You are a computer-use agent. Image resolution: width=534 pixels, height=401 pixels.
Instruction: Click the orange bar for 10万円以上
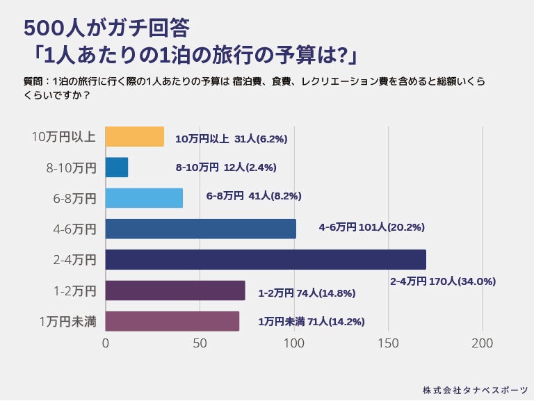tap(134, 137)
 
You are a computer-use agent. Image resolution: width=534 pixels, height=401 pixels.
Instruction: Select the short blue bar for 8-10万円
tap(117, 167)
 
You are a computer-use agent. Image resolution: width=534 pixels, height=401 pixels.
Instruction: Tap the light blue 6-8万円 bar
tap(144, 198)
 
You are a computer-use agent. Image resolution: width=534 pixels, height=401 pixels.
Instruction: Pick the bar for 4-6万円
tap(200, 229)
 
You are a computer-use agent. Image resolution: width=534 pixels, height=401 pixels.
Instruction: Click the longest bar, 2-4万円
tap(265, 259)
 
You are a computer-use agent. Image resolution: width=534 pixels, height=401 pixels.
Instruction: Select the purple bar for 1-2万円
tap(175, 290)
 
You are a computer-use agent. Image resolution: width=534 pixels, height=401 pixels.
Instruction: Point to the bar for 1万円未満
tap(172, 321)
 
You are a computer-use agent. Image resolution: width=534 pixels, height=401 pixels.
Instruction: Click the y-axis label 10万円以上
tap(64, 137)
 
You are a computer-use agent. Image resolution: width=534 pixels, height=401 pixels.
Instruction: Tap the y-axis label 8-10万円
tap(69, 167)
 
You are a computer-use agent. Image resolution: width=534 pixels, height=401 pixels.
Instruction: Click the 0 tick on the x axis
tap(106, 343)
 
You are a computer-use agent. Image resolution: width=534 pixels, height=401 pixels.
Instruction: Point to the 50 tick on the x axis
tap(200, 343)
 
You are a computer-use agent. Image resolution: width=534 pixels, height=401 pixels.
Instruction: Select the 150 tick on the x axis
tap(388, 343)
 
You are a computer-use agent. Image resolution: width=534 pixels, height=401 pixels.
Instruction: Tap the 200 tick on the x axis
tap(482, 343)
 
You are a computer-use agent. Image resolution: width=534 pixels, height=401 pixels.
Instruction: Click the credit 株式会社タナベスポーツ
tap(475, 389)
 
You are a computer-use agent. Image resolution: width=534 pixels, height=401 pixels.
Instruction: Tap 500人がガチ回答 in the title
tap(106, 28)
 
